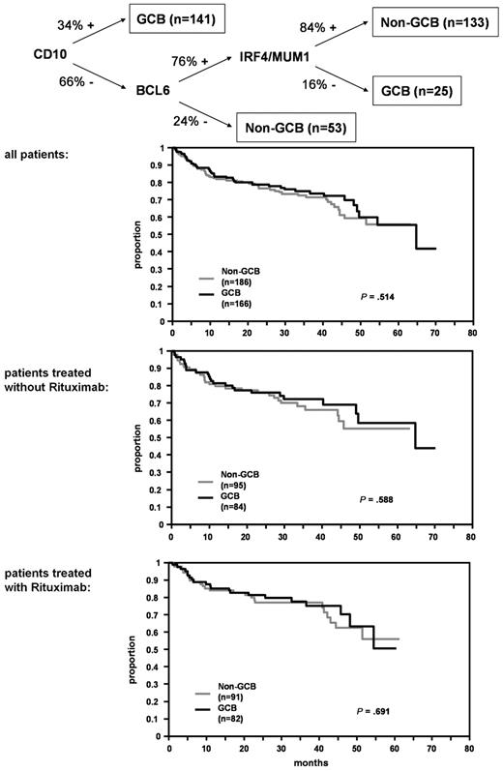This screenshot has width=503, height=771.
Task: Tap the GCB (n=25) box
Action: (415, 93)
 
